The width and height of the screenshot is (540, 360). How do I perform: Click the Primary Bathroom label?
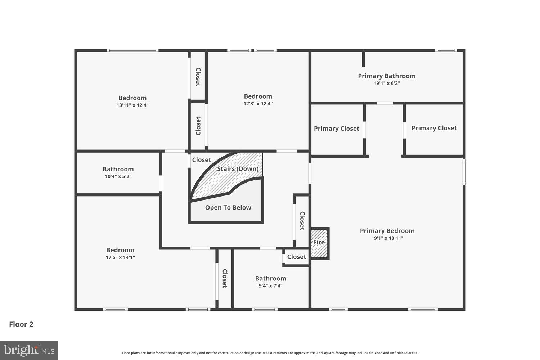coord(387,76)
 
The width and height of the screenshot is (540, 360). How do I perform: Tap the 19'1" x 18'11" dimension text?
coord(387,238)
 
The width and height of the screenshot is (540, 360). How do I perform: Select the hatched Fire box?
coord(319,243)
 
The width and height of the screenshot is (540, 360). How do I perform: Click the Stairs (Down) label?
coord(238,169)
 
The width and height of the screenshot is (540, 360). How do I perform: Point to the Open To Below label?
coord(228,208)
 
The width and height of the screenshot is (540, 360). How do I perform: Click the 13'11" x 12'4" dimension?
coord(132,105)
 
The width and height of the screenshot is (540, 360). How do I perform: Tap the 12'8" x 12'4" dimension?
coord(258,104)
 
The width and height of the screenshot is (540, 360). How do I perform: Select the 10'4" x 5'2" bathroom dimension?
coord(118,176)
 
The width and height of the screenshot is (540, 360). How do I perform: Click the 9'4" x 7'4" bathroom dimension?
coord(270,286)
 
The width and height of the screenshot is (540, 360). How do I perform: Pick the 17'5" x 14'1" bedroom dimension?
coord(120,257)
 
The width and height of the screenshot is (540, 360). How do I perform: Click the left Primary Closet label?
coord(336,129)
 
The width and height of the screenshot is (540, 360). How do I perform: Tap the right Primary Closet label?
coord(434,128)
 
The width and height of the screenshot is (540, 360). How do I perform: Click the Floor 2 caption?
coord(21,324)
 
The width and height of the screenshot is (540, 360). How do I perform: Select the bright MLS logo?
coord(29,350)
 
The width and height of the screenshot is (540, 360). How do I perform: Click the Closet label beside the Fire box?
coord(297,257)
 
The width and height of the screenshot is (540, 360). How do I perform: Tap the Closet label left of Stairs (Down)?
coord(201,160)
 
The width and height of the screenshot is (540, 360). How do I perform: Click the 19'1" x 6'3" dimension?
coord(387,84)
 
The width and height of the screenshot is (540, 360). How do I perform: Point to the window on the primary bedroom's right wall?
coord(464,172)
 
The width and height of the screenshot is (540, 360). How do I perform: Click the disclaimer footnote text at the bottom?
coord(270,353)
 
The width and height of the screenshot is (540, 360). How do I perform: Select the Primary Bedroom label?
coord(387,231)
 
